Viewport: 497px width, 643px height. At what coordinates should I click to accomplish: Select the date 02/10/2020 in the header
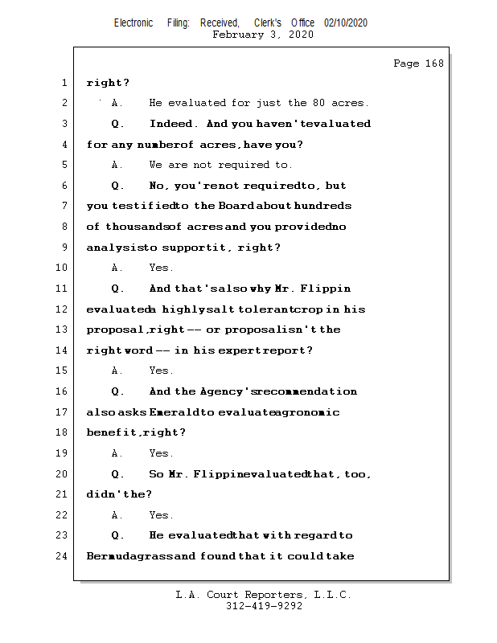coord(346,23)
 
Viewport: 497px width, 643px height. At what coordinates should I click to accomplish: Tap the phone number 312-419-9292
coord(264,607)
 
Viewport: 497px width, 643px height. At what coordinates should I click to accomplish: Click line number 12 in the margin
coord(63,309)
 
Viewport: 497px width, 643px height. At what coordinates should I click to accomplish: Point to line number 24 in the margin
coord(63,556)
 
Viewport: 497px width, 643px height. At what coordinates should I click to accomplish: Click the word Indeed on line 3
coord(171,124)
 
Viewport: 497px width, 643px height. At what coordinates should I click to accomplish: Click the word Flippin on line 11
coord(327,289)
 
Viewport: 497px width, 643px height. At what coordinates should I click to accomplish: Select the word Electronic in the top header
coord(133,23)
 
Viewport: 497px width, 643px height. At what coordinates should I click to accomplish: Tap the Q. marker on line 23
coord(118,535)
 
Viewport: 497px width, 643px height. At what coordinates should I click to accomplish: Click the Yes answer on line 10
coord(161,268)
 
